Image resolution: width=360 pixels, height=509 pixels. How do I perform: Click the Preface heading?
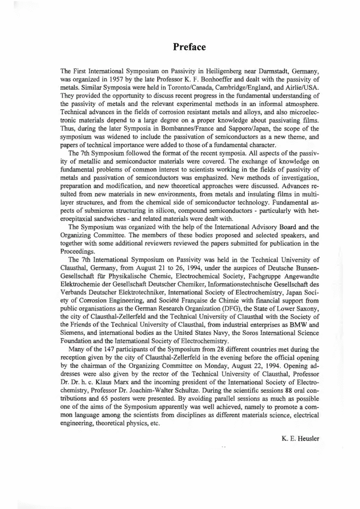pyautogui.click(x=189, y=47)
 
